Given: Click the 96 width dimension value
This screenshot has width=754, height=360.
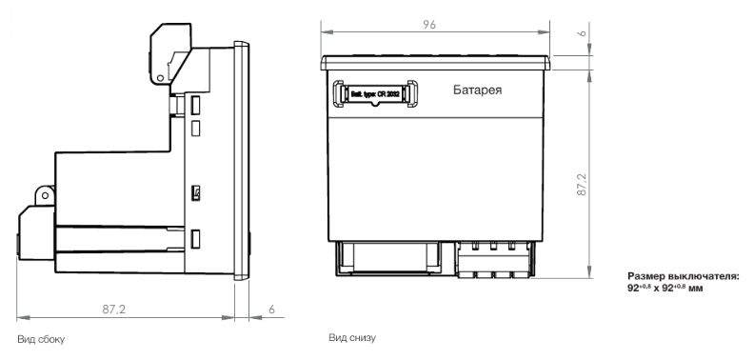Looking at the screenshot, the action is point(429,25).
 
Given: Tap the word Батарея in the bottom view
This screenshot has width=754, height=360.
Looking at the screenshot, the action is point(478,90).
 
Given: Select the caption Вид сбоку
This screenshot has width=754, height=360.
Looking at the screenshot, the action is point(41,339).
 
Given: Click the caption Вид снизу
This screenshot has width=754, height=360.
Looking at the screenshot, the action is point(352,337).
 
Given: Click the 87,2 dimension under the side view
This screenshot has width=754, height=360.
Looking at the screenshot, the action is point(113,310).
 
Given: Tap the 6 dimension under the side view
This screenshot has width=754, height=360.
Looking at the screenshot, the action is point(271,310).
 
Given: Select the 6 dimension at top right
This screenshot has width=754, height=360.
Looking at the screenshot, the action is point(582,33).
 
